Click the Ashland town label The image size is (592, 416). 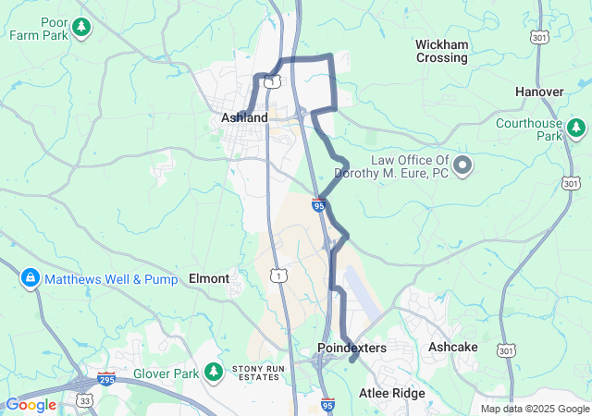click(x=244, y=118)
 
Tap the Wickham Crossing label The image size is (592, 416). click(x=441, y=51)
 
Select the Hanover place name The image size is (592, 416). click(x=540, y=92)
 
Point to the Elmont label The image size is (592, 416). click(x=208, y=277)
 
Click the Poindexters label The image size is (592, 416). click(x=351, y=348)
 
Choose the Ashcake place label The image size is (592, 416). click(x=453, y=347)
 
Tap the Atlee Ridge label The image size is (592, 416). click(x=392, y=394)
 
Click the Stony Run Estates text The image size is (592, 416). click(x=255, y=372)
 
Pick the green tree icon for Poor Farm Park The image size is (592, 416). click(x=82, y=28)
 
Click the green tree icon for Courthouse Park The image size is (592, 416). click(x=576, y=128)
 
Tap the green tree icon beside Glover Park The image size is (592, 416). click(x=214, y=373)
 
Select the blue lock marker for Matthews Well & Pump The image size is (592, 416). click(x=30, y=277)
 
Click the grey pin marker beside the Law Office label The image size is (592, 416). click(x=462, y=166)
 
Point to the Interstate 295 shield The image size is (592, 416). click(x=108, y=379)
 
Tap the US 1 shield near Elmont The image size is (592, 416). click(x=277, y=275)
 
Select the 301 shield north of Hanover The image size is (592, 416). click(x=538, y=36)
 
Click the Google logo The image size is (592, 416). click(x=31, y=405)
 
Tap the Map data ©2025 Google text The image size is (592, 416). click(x=535, y=409)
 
